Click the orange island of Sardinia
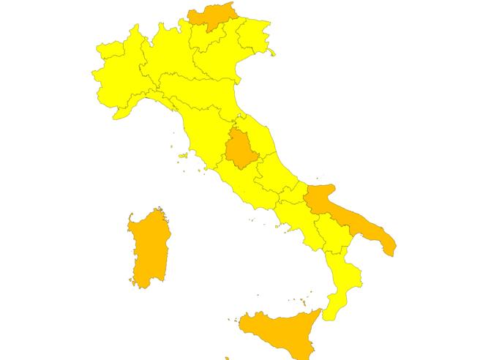click(x=149, y=249)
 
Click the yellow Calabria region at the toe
click(x=344, y=285)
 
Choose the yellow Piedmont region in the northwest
click(x=121, y=73)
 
